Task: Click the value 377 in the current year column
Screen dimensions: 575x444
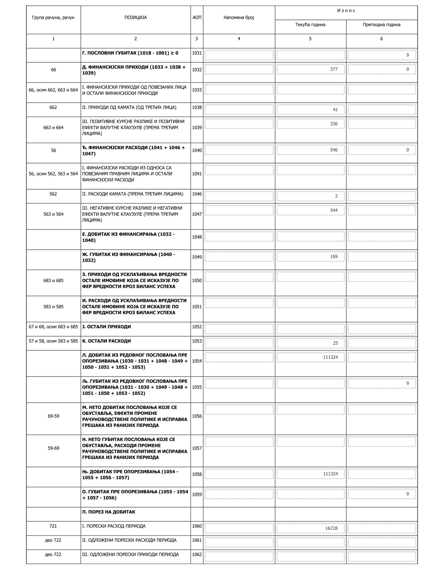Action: click(x=334, y=69)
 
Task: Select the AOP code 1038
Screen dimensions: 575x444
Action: click(x=197, y=107)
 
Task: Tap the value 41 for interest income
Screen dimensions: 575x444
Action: click(x=335, y=110)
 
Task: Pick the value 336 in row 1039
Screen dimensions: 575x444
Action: click(x=334, y=124)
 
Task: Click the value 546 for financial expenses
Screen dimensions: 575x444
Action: click(x=334, y=150)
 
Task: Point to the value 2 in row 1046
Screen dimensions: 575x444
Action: click(x=336, y=196)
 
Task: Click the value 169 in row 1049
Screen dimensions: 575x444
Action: click(x=334, y=257)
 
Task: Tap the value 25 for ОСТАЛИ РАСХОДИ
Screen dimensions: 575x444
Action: click(x=335, y=343)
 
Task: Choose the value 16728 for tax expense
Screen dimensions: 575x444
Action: click(x=331, y=528)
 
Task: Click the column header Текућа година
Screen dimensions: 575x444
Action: click(x=310, y=25)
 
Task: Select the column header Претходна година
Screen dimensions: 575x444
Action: click(x=381, y=25)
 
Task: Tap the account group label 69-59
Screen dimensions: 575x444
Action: click(x=53, y=416)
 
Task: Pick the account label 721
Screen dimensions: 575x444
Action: click(x=53, y=526)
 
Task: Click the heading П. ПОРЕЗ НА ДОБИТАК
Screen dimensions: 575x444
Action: click(x=109, y=512)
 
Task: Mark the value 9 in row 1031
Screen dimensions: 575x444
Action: click(x=407, y=55)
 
